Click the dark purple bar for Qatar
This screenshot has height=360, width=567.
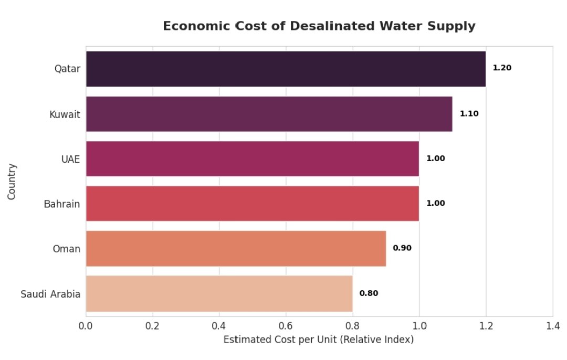click(x=286, y=69)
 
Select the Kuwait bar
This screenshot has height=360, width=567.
click(x=269, y=114)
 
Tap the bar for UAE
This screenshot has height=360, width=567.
click(x=252, y=158)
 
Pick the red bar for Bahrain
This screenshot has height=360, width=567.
click(x=252, y=203)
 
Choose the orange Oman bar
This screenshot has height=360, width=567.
click(x=236, y=248)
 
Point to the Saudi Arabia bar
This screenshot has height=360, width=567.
click(x=219, y=293)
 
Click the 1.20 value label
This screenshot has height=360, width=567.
click(x=502, y=68)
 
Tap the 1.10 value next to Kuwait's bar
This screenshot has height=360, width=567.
click(x=469, y=113)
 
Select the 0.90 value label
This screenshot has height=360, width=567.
click(x=402, y=248)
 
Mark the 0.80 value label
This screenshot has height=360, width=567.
click(x=369, y=293)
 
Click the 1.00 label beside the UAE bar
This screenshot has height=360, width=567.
click(x=435, y=158)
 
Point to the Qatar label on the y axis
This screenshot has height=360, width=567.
click(x=67, y=69)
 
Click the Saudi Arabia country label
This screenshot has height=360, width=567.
click(x=50, y=294)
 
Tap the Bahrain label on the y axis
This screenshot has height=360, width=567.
click(x=62, y=204)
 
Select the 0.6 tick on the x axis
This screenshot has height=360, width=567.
click(x=286, y=325)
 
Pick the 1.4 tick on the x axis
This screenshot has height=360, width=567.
click(x=552, y=325)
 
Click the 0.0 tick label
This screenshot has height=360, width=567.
click(x=86, y=325)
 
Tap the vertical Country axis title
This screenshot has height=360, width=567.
click(x=12, y=181)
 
